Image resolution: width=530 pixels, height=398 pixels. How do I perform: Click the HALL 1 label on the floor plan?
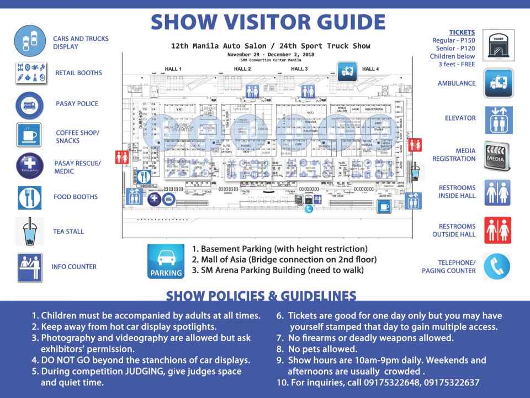click(x=173, y=69)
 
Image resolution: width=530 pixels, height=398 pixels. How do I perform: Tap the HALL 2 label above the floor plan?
click(x=242, y=69)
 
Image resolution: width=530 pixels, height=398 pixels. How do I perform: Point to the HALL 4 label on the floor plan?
click(x=370, y=69)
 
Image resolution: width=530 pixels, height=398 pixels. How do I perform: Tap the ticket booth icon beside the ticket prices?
click(x=498, y=45)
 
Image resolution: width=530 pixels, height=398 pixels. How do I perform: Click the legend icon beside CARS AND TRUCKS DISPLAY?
click(x=29, y=41)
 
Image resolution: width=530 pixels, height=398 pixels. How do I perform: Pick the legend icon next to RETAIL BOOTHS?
click(x=29, y=73)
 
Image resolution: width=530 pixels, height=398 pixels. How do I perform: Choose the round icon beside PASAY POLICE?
click(x=29, y=104)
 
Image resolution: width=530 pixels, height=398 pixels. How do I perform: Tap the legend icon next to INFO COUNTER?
click(x=29, y=267)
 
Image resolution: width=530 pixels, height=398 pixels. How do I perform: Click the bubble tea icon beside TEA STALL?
click(x=29, y=232)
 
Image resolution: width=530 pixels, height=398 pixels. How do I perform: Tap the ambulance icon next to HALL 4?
click(x=348, y=71)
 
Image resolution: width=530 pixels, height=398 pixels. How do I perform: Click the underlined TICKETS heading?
click(x=462, y=33)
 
